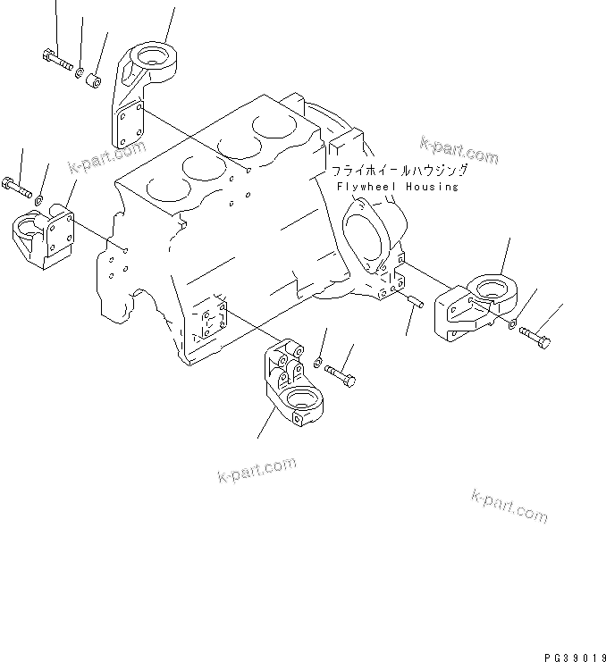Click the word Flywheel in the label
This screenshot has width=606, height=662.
[368, 187]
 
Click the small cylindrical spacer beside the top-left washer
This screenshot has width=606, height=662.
[92, 81]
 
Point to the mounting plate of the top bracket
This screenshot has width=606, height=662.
[130, 123]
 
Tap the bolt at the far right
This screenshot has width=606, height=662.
[535, 339]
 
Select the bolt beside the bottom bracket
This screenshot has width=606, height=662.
[340, 374]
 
